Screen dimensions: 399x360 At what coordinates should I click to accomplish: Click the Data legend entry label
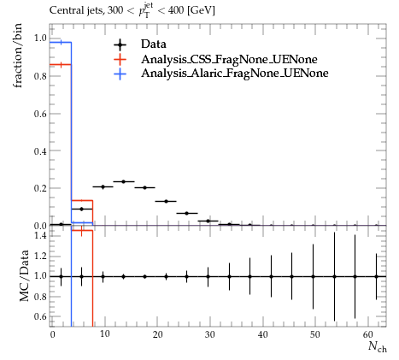pyautogui.click(x=154, y=44)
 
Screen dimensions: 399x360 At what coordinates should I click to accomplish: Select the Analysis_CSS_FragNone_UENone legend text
pyautogui.click(x=229, y=59)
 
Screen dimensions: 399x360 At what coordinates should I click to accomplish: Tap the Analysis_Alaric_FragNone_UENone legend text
pyautogui.click(x=235, y=74)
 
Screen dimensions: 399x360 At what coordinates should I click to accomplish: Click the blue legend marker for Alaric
pyautogui.click(x=120, y=74)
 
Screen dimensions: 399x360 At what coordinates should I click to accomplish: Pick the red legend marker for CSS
pyautogui.click(x=120, y=60)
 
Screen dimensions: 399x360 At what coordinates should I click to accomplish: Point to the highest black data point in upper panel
pyautogui.click(x=124, y=181)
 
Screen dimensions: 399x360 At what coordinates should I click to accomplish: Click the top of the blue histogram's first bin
pyautogui.click(x=61, y=42)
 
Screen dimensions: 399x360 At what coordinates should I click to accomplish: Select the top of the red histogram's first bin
pyautogui.click(x=61, y=65)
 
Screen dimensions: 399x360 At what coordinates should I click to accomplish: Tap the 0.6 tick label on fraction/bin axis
pyautogui.click(x=40, y=114)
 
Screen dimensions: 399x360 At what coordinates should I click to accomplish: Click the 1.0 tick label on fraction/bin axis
pyautogui.click(x=40, y=38)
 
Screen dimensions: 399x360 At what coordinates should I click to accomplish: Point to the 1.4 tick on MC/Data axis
pyautogui.click(x=40, y=235)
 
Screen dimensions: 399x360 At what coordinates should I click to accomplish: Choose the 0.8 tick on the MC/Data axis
pyautogui.click(x=40, y=297)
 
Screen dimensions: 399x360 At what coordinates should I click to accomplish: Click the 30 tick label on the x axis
pyautogui.click(x=209, y=334)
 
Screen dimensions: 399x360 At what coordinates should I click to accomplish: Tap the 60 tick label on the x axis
pyautogui.click(x=368, y=334)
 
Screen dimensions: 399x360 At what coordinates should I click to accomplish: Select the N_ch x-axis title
pyautogui.click(x=378, y=346)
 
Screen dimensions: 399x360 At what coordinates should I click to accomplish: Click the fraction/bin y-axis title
pyautogui.click(x=17, y=56)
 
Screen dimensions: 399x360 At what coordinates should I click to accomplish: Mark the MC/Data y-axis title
pyautogui.click(x=24, y=275)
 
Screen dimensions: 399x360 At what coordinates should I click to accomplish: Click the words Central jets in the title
pyautogui.click(x=77, y=10)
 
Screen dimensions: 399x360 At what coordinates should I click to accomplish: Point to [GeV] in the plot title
pyautogui.click(x=201, y=11)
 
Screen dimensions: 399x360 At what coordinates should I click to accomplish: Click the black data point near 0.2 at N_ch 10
pyautogui.click(x=103, y=187)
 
